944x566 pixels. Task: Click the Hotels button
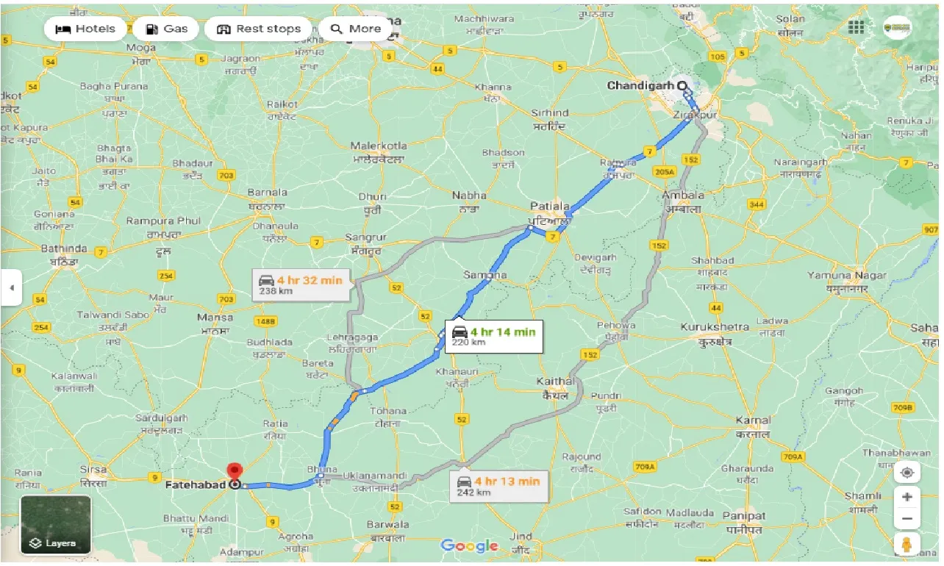(x=86, y=29)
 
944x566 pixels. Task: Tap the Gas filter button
(x=166, y=29)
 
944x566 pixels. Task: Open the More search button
(x=356, y=29)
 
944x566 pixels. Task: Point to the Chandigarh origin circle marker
(x=683, y=86)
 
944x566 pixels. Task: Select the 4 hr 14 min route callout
(x=494, y=336)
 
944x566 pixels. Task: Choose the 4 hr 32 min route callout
(x=301, y=285)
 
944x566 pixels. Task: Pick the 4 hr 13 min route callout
(x=498, y=486)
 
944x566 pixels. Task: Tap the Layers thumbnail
(x=56, y=525)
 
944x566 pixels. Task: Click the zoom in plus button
(x=907, y=497)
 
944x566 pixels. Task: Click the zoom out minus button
(x=907, y=520)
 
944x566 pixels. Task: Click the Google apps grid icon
(x=856, y=28)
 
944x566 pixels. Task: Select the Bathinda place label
(x=64, y=248)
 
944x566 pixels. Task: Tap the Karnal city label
(x=753, y=421)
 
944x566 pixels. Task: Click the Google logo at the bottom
(x=469, y=545)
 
